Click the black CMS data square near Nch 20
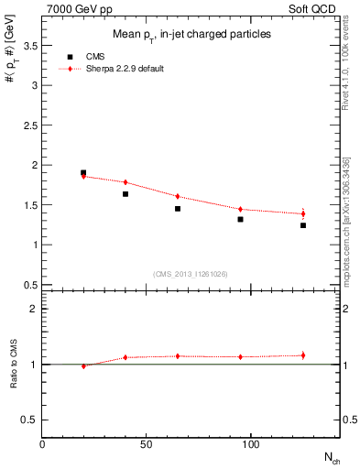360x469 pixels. [83, 172]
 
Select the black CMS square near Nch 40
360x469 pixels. [125, 194]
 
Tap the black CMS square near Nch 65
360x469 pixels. [178, 209]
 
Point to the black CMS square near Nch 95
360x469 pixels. [240, 219]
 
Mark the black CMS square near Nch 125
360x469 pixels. [303, 225]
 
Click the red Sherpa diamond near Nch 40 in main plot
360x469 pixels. [125, 182]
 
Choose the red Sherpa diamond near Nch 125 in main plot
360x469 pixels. [303, 213]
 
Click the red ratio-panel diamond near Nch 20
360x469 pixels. [83, 365]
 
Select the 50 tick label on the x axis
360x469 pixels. [147, 444]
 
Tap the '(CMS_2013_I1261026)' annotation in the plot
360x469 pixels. [190, 274]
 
